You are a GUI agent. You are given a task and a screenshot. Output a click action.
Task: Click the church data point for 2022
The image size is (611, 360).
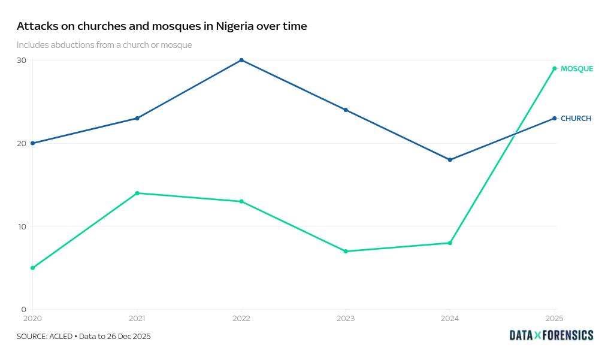pos(241,60)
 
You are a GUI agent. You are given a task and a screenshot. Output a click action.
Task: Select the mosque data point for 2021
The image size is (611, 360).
pos(137,193)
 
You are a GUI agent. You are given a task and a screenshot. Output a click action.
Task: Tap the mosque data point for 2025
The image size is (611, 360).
pos(555,68)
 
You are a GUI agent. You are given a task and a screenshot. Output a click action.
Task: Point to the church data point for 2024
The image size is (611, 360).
pos(450,160)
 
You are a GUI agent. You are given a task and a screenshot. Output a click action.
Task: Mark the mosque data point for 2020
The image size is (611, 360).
pos(32,268)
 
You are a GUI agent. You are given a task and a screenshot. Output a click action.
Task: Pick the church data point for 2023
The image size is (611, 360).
pos(346,110)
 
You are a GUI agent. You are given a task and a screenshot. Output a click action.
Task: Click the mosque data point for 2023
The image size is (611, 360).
pos(346,251)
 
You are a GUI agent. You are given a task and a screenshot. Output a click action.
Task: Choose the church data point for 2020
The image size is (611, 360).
pos(32,143)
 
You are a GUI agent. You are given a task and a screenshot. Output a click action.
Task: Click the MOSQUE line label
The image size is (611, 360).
pos(576,69)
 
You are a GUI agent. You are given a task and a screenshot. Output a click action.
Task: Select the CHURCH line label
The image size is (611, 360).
pos(576,119)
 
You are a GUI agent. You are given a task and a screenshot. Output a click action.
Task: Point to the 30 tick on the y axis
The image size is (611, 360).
pos(22,60)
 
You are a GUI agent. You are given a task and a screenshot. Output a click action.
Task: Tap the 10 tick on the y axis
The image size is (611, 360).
pos(22,226)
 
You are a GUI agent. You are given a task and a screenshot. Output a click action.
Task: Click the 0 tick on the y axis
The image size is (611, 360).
pos(24,309)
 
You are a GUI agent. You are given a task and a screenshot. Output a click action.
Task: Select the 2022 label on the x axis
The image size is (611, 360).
pos(241,318)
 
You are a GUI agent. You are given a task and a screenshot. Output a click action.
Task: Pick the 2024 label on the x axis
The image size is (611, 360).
pos(450,318)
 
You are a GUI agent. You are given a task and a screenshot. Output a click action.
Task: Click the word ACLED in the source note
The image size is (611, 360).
pos(61,336)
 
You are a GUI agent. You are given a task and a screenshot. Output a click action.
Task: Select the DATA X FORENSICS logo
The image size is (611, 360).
pos(551,335)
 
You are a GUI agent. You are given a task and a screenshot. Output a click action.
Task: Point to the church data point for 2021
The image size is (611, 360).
pos(137,118)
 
